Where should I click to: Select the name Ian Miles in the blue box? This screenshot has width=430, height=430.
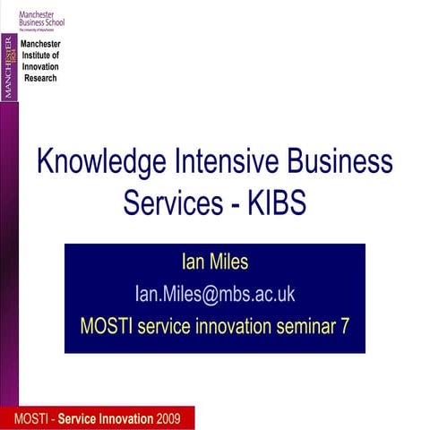pyautogui.click(x=214, y=262)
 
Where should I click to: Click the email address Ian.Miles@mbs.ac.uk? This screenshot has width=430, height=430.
pyautogui.click(x=214, y=294)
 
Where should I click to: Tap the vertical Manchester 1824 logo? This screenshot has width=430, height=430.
pyautogui.click(x=9, y=67)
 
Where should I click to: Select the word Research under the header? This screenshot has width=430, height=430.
pyautogui.click(x=39, y=78)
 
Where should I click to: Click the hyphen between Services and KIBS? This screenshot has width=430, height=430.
pyautogui.click(x=232, y=203)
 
